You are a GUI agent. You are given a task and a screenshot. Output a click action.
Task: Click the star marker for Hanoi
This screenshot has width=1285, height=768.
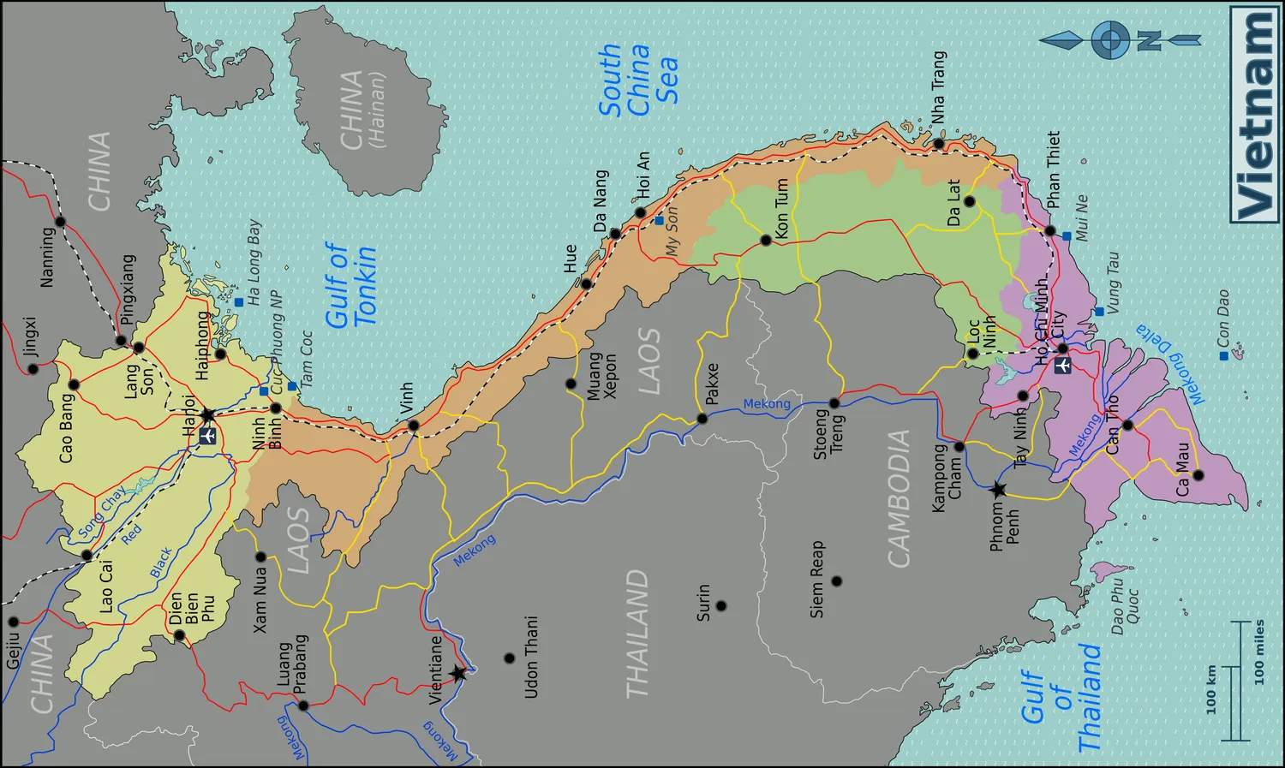207,415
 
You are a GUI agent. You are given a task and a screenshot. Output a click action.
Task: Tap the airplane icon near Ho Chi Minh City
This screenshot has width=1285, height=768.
1062,366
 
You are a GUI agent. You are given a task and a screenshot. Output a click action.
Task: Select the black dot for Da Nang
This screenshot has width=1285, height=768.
615,234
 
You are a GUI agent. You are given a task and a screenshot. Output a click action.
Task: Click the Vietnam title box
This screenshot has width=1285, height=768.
1254,114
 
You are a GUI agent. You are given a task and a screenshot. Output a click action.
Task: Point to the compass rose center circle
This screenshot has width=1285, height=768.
1110,39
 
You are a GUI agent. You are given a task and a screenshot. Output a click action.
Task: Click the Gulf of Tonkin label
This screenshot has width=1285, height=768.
350,285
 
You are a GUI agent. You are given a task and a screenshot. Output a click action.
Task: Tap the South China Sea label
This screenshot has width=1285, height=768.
638,80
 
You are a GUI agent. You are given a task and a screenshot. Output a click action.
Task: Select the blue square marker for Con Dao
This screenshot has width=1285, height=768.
1223,355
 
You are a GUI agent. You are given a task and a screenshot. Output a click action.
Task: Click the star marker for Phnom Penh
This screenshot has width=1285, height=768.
998,491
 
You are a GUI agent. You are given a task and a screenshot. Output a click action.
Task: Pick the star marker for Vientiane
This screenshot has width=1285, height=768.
458,673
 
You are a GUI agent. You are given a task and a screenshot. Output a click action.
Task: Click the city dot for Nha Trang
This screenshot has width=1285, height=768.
938,144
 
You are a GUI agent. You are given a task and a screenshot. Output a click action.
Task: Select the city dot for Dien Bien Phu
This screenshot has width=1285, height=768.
179,635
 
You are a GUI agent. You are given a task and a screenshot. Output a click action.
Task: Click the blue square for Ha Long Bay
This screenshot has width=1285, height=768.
239,302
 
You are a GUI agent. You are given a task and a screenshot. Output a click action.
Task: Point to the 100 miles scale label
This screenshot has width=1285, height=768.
1259,652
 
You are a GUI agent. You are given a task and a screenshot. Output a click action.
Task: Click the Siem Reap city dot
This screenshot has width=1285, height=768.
837,581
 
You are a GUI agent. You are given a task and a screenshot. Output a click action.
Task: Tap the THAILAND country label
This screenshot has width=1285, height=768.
637,634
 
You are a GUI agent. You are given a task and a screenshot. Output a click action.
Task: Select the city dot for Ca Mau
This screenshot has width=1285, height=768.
1198,475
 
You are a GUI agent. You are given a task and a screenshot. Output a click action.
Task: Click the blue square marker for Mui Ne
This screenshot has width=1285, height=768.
1067,236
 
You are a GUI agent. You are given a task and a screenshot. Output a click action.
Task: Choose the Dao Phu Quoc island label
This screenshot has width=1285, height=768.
1124,606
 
